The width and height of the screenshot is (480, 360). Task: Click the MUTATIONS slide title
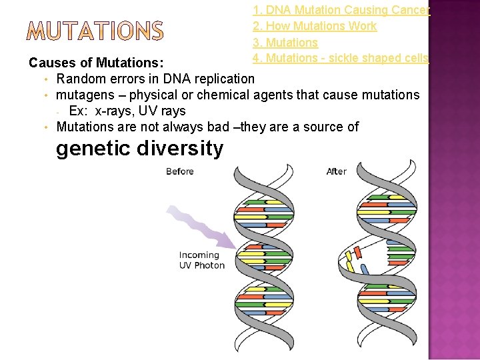tap(96, 31)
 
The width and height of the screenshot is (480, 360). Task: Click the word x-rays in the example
tap(117, 111)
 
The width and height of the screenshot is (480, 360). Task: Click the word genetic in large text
tap(92, 148)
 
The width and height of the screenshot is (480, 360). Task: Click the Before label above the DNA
tap(180, 171)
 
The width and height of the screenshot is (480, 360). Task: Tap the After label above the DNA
tap(337, 171)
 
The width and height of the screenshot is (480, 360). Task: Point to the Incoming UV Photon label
tap(202, 260)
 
